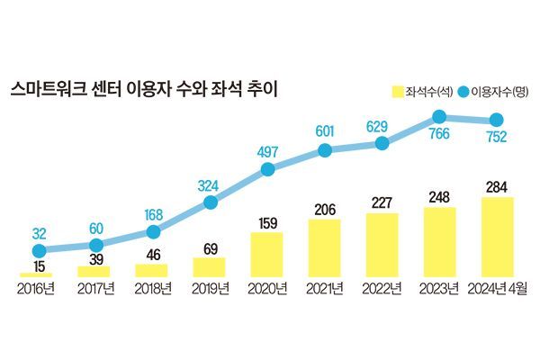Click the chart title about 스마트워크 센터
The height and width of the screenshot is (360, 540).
point(145,89)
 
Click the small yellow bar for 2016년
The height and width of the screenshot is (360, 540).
point(36,274)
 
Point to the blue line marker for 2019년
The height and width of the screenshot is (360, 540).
point(210,202)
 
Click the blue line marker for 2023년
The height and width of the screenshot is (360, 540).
point(440,116)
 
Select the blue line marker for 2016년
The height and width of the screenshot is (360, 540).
point(38,251)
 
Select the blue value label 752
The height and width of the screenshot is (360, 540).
point(496,138)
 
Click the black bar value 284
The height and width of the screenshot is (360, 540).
point(497,187)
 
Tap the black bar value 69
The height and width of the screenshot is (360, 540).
point(210,247)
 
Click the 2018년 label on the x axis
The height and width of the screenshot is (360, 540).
point(152,288)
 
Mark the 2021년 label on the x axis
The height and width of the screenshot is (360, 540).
point(324,288)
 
